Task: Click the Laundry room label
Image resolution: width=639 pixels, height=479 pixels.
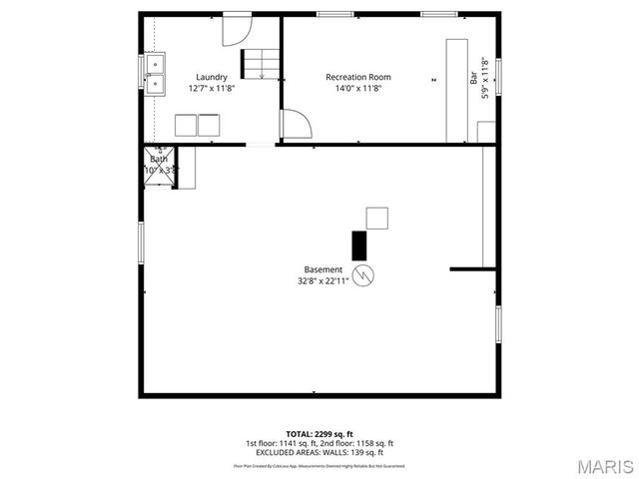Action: coord(211,77)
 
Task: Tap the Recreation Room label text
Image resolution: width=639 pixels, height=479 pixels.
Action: coord(357,77)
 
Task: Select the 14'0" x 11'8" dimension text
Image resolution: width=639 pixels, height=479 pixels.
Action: coord(357,88)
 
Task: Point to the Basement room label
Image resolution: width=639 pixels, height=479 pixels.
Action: coord(323,269)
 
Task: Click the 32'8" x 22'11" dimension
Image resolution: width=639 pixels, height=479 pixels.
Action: coord(323,280)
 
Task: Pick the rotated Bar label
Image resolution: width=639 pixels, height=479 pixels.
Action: coord(474,75)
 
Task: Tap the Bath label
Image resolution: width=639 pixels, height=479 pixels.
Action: coord(159,160)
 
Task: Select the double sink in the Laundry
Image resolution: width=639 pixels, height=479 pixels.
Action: coord(154,74)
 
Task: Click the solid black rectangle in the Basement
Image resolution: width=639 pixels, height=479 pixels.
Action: coord(358,245)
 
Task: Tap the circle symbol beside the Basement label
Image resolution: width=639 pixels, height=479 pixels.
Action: coord(363,272)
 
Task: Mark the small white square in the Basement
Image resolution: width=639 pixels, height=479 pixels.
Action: coord(377,218)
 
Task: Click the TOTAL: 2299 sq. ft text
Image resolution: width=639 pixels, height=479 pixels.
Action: coord(320,434)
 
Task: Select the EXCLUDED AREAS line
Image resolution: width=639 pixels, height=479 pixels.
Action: coord(320,452)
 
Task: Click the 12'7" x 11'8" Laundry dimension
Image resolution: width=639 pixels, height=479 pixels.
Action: coord(211,88)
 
